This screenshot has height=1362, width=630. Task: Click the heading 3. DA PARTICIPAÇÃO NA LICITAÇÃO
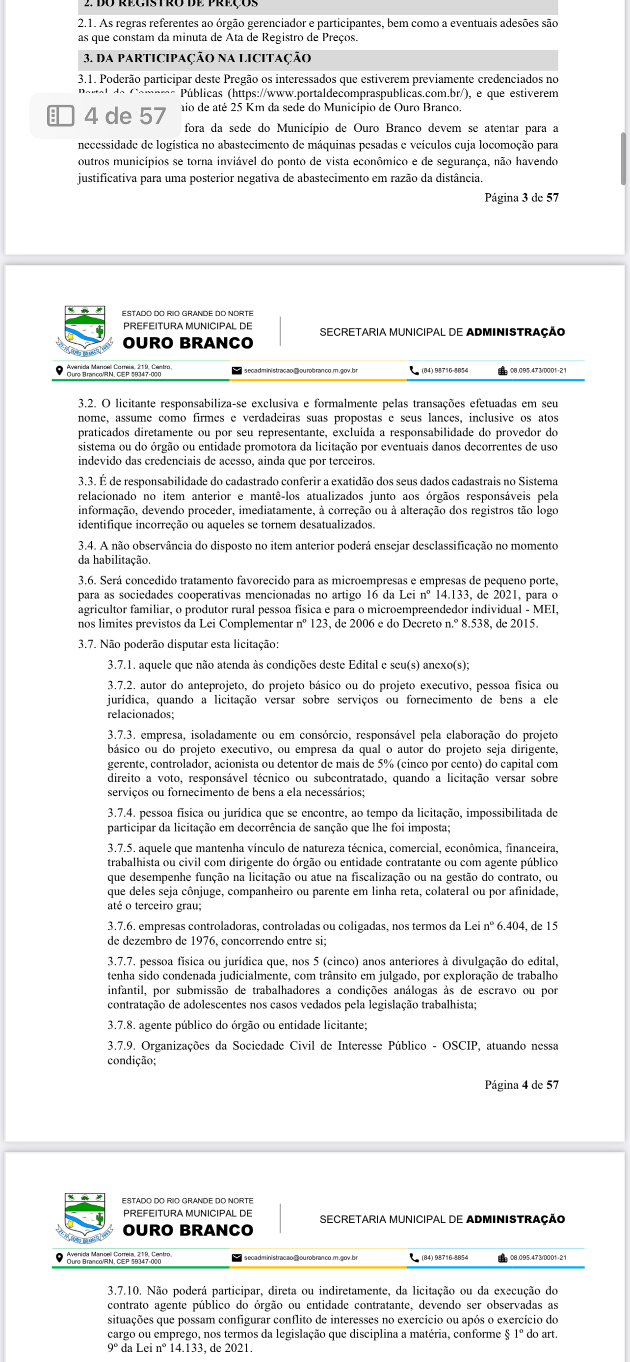(197, 58)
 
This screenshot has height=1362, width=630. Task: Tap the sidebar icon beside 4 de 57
(60, 116)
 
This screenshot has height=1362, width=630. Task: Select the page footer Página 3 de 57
(521, 198)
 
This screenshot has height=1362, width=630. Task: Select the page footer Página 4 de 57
(521, 1085)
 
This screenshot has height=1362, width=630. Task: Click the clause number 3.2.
(87, 404)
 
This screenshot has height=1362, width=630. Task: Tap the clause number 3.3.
(87, 481)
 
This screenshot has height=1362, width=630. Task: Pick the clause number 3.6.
(87, 580)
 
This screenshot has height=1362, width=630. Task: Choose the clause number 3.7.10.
(124, 1290)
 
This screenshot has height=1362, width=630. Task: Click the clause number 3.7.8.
(121, 1025)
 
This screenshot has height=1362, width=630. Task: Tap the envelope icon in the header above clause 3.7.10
(236, 1257)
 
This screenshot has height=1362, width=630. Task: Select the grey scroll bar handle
(624, 159)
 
